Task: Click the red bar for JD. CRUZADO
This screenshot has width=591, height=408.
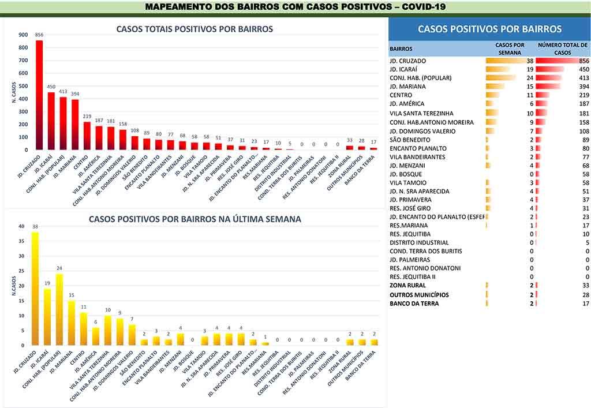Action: tap(39, 95)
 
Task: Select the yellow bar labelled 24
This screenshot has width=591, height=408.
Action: tap(59, 309)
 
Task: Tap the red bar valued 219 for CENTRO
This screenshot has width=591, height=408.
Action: tap(87, 136)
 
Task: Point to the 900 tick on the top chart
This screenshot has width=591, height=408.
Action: tap(23, 35)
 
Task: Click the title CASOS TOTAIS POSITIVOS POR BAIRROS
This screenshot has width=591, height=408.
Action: tap(194, 29)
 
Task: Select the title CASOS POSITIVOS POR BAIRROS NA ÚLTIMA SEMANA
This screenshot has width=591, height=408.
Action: tap(194, 219)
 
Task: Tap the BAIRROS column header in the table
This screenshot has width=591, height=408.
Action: tap(401, 49)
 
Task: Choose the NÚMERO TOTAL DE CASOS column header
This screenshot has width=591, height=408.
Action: tap(562, 48)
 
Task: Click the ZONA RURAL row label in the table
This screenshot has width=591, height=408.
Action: tap(408, 286)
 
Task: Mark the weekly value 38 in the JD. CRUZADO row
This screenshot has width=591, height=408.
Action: tap(529, 61)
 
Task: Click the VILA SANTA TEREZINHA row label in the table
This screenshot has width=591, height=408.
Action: tap(421, 114)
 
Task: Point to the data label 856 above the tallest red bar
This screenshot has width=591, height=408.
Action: tap(39, 35)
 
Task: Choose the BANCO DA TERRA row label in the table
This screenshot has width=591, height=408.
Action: tap(414, 304)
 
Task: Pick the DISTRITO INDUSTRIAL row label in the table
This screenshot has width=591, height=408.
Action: tap(419, 243)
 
